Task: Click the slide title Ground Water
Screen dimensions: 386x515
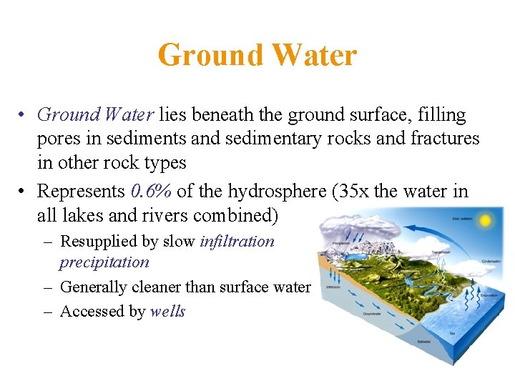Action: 257,55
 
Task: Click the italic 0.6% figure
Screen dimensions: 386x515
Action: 152,191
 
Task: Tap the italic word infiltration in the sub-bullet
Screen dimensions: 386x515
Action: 237,242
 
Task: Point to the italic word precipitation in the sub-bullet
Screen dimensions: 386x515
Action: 104,262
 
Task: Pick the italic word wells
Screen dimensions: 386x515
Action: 167,311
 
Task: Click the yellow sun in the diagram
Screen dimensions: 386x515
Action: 485,221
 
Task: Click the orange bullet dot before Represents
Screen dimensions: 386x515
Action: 24,192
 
